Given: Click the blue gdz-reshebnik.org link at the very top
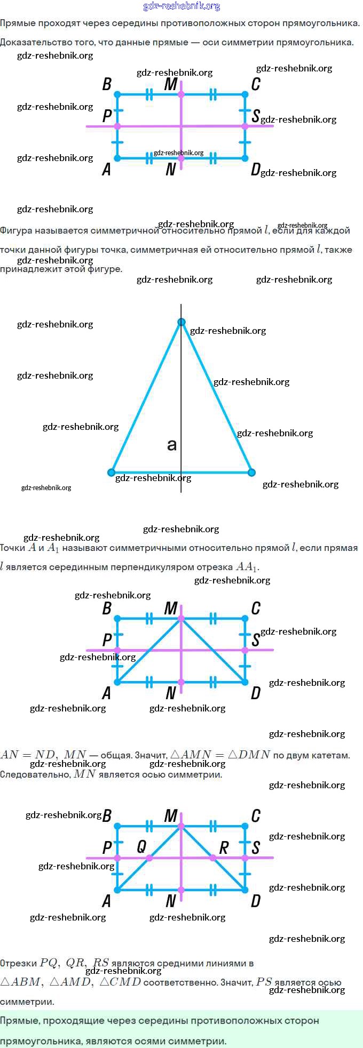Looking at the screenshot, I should click(x=181, y=6).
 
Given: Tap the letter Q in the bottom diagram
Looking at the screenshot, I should click(x=141, y=846).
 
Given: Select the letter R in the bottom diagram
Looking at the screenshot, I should click(x=224, y=847).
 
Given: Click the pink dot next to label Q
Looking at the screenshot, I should click(x=149, y=858).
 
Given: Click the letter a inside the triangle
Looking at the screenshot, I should click(x=171, y=444).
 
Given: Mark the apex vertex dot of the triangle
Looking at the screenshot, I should click(x=181, y=322).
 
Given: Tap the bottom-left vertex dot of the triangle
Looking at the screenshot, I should click(x=111, y=472).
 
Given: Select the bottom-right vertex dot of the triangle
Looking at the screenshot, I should click(x=252, y=472).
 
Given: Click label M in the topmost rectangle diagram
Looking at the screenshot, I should click(x=171, y=84).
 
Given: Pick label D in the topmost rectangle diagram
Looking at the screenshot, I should click(x=256, y=170).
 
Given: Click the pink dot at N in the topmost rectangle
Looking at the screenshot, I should click(x=181, y=158).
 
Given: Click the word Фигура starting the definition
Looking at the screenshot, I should click(x=18, y=230).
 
